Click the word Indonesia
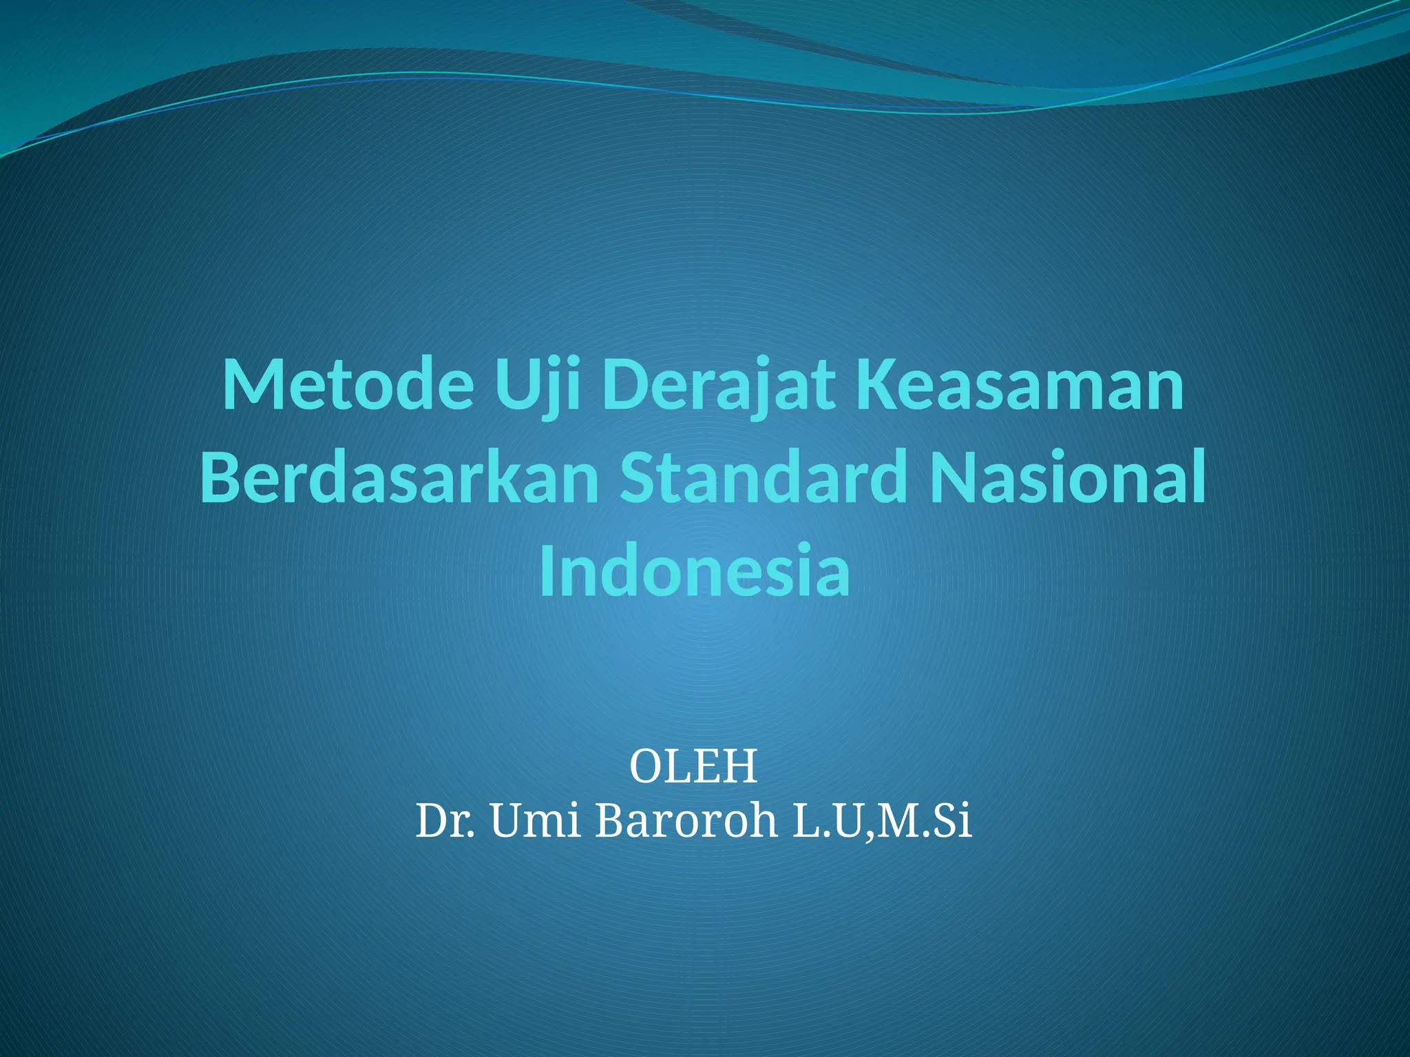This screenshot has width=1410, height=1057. pyautogui.click(x=695, y=570)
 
